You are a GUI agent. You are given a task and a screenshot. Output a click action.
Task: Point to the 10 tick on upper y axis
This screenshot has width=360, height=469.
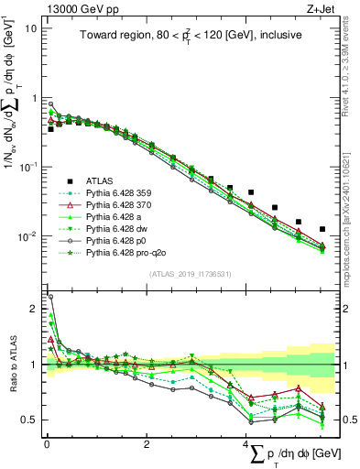coord(31,27)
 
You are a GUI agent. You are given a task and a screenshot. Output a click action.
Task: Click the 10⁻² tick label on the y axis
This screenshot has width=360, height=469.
coord(27,236)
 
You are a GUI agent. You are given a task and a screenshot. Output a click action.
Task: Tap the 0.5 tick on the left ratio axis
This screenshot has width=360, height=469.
coord(30,420)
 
